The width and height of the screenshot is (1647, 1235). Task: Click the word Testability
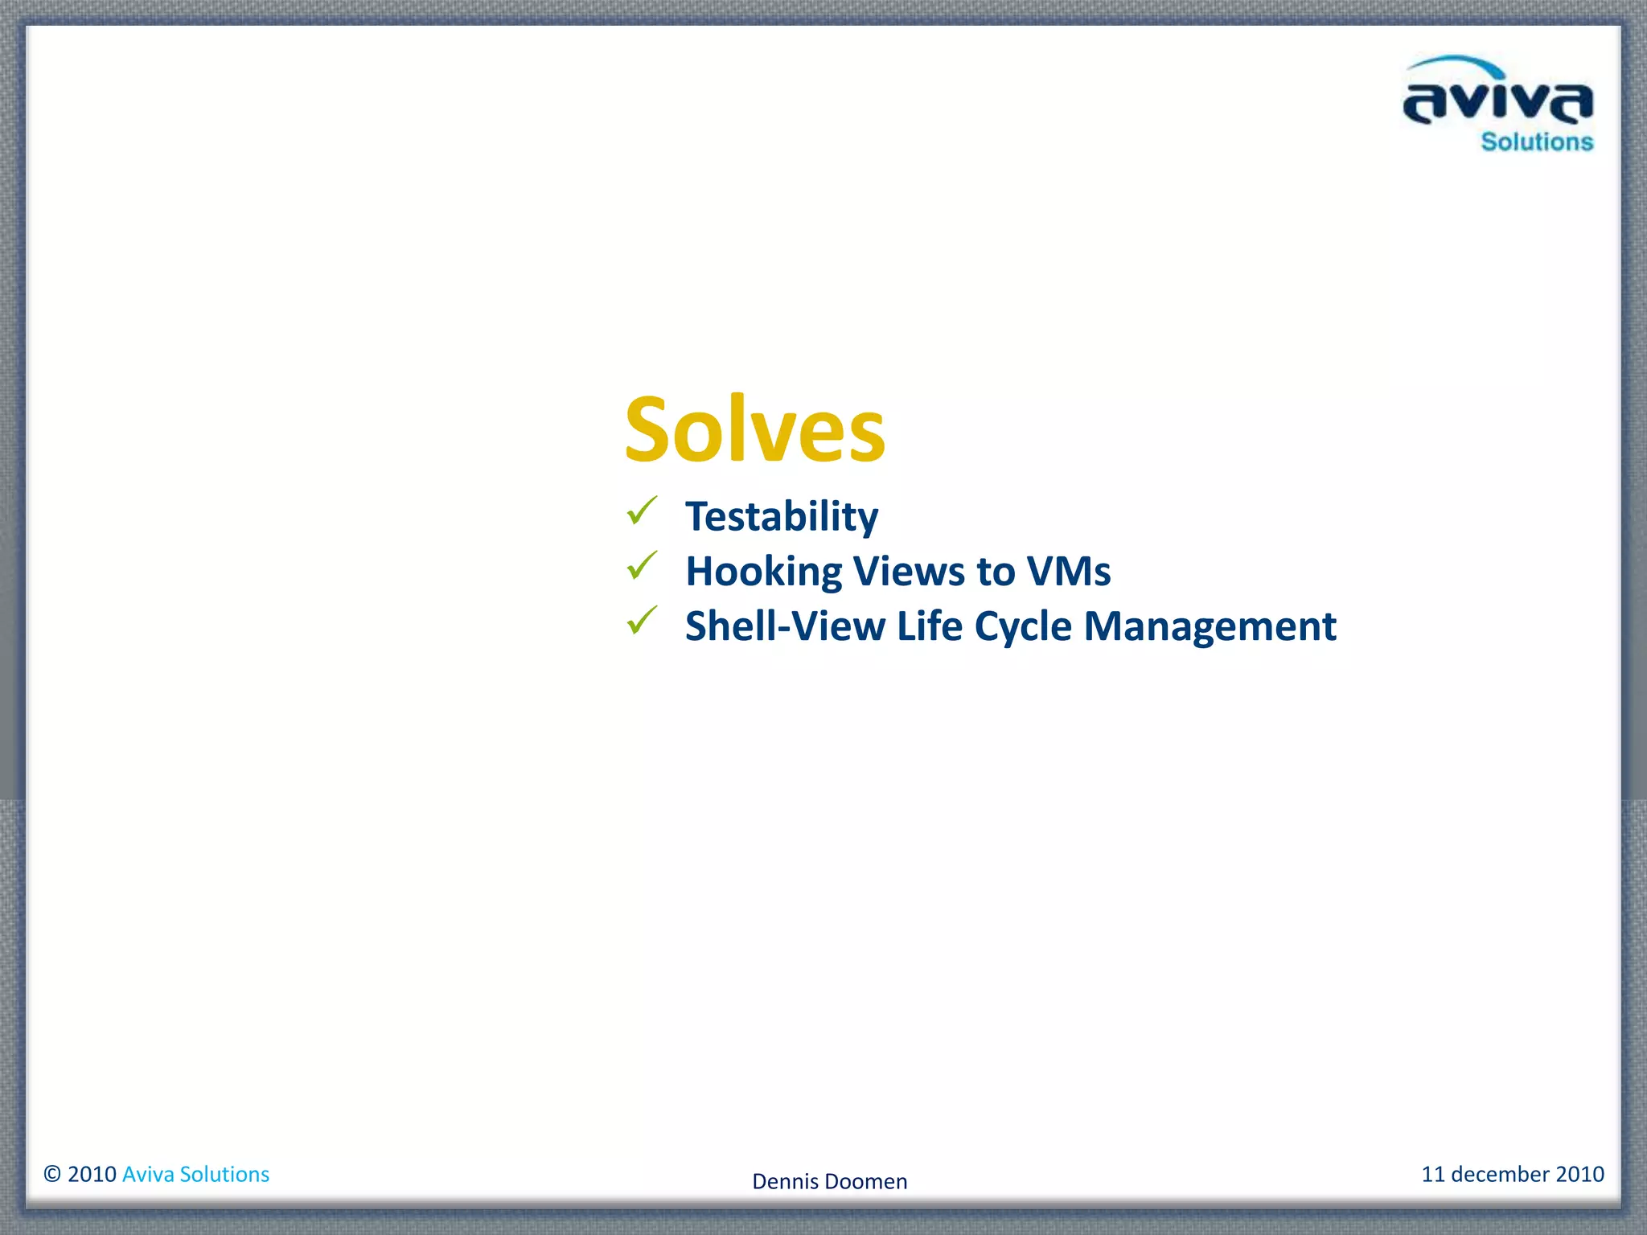pyautogui.click(x=781, y=516)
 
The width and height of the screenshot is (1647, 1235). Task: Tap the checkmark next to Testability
pyautogui.click(x=643, y=511)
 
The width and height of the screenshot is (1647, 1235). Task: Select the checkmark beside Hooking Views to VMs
pyautogui.click(x=643, y=566)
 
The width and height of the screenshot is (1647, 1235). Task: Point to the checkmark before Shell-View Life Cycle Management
pyautogui.click(x=643, y=620)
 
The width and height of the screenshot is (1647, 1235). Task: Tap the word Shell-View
pyautogui.click(x=785, y=626)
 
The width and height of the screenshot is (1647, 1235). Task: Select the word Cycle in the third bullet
pyautogui.click(x=1023, y=627)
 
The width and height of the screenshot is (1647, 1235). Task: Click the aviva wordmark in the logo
pyautogui.click(x=1497, y=103)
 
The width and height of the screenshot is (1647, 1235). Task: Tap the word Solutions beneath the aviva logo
pyautogui.click(x=1537, y=142)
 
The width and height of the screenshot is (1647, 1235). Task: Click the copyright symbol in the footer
pyautogui.click(x=52, y=1174)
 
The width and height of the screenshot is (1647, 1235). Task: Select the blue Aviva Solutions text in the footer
pyautogui.click(x=195, y=1174)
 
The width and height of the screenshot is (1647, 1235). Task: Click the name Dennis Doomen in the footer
pyautogui.click(x=829, y=1181)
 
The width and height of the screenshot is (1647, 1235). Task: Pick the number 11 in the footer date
pyautogui.click(x=1433, y=1174)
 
